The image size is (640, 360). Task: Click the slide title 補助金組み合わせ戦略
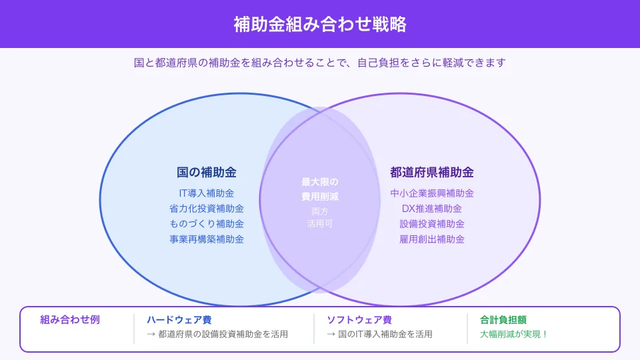pyautogui.click(x=320, y=24)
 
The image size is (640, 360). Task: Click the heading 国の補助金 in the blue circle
pyautogui.click(x=207, y=173)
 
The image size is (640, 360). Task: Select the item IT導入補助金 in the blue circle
pyautogui.click(x=207, y=193)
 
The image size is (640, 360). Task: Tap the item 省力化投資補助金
pyautogui.click(x=207, y=209)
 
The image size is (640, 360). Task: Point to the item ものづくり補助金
pyautogui.click(x=207, y=224)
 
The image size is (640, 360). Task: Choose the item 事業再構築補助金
pyautogui.click(x=207, y=239)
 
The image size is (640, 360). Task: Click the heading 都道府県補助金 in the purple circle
pyautogui.click(x=432, y=173)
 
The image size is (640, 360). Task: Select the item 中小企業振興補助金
pyautogui.click(x=432, y=193)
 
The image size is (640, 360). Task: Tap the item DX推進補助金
pyautogui.click(x=432, y=209)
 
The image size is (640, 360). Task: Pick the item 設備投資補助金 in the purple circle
pyautogui.click(x=432, y=224)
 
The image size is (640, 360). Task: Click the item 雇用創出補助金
pyautogui.click(x=432, y=239)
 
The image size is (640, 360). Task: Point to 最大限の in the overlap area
pyautogui.click(x=320, y=182)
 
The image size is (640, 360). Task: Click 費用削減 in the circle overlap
pyautogui.click(x=320, y=197)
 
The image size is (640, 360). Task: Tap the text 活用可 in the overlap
pyautogui.click(x=320, y=224)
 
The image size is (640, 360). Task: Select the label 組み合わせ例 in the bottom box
pyautogui.click(x=70, y=319)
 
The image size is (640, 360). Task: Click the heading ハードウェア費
pyautogui.click(x=179, y=320)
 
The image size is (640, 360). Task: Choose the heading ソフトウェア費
pyautogui.click(x=359, y=320)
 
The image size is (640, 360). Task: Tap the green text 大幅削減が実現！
pyautogui.click(x=514, y=334)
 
